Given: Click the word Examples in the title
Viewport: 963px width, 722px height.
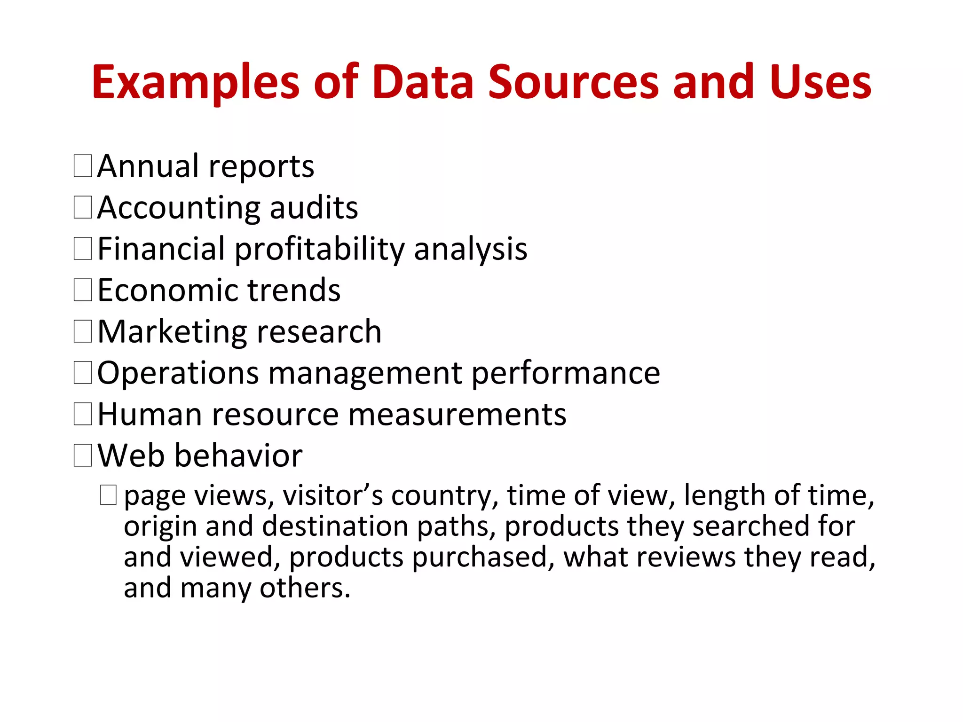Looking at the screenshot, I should point(196,83).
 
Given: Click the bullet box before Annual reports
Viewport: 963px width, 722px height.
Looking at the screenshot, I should point(83,166).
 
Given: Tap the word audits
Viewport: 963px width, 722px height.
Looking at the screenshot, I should point(314,208).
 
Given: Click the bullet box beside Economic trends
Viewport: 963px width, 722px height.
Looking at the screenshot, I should point(83,290).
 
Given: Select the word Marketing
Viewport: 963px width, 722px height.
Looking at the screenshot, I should point(172,331).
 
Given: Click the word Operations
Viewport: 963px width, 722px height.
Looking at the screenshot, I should point(178,373).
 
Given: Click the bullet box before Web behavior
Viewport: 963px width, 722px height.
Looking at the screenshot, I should point(83,455).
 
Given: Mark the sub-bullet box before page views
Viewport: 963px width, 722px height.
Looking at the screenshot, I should point(108,495).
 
